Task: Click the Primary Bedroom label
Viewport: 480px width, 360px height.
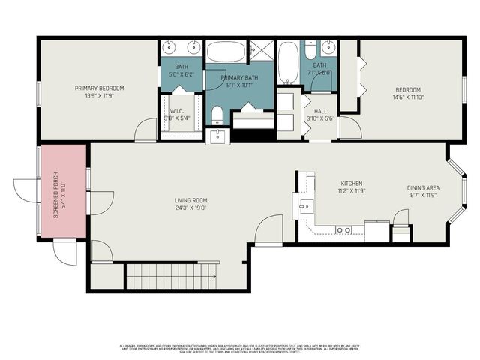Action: (x=99, y=88)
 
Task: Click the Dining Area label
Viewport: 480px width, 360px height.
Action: (x=423, y=187)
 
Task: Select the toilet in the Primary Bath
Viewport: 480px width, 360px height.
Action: (x=217, y=115)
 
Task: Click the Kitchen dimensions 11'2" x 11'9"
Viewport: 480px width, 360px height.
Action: (x=352, y=192)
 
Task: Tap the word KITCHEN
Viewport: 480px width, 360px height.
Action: (x=352, y=184)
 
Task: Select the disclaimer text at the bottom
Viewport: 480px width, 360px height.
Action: (x=240, y=349)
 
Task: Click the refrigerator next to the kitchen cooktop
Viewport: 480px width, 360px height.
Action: (x=375, y=229)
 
